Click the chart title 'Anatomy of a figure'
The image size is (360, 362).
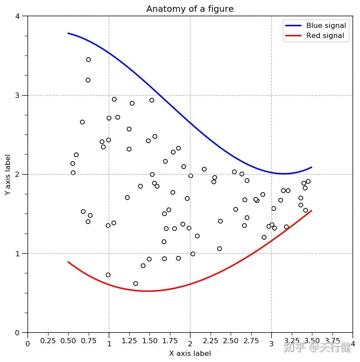pyautogui.click(x=190, y=9)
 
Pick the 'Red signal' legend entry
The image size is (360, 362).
pyautogui.click(x=325, y=36)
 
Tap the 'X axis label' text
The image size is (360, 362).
pyautogui.click(x=190, y=353)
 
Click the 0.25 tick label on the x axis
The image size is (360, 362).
pyautogui.click(x=48, y=341)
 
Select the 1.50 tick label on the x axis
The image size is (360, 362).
pyautogui.click(x=149, y=341)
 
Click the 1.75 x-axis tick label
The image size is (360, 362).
pyautogui.click(x=170, y=341)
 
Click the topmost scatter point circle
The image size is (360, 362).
pyautogui.click(x=88, y=59)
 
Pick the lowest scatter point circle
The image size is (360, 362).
pyautogui.click(x=135, y=283)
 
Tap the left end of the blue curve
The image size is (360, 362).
pyautogui.click(x=68, y=33)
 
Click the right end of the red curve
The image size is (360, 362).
pyautogui.click(x=312, y=210)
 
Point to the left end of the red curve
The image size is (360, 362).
pyautogui.click(x=68, y=262)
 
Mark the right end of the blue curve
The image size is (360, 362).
pyautogui.click(x=312, y=167)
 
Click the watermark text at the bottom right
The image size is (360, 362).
pyautogui.click(x=317, y=348)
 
